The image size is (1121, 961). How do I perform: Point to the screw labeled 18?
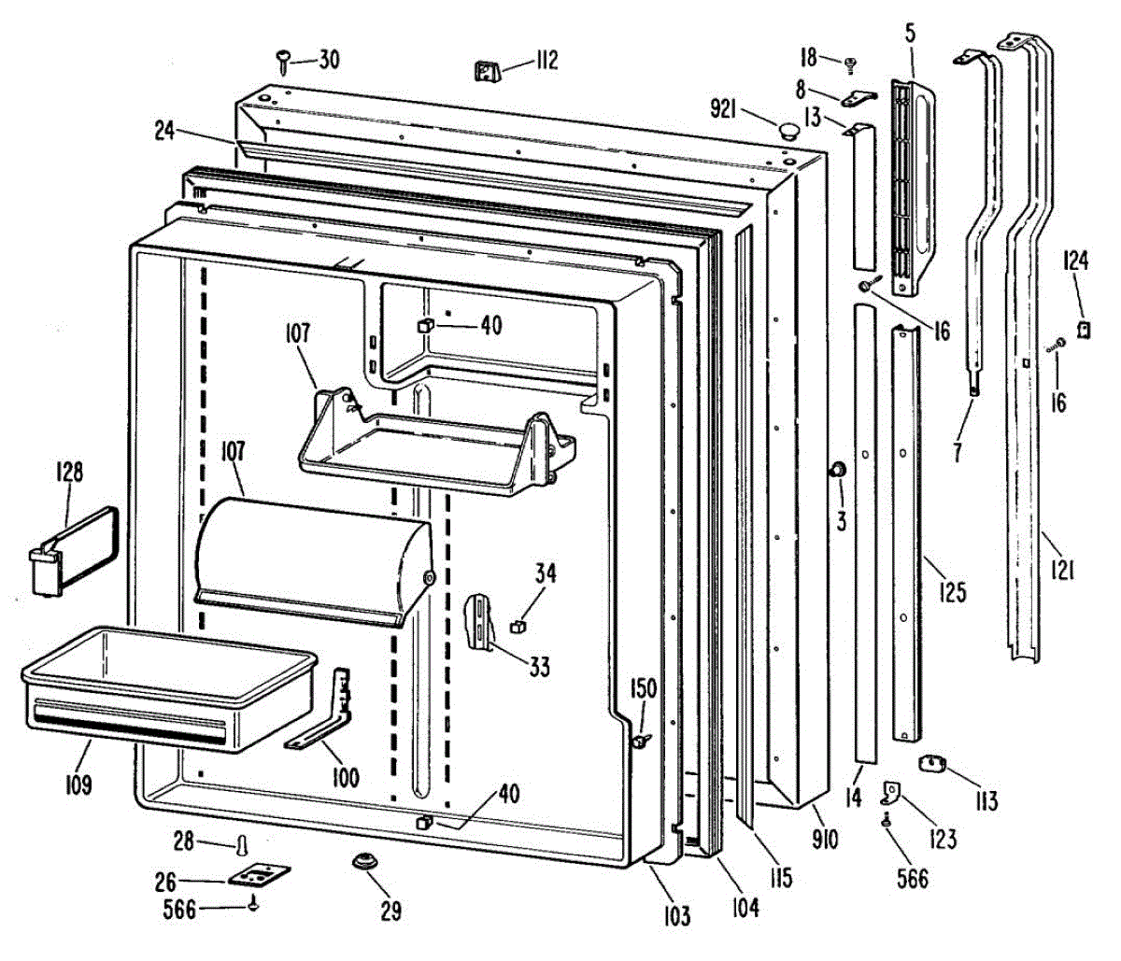click(850, 64)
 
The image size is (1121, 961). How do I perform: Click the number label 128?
click(67, 473)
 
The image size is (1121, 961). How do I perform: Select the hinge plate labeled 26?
click(259, 876)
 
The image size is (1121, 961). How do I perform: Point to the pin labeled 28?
click(243, 844)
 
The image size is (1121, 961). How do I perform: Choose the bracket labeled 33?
click(479, 621)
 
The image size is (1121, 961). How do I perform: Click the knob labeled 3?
click(836, 470)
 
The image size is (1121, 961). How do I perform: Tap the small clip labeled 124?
click(1086, 328)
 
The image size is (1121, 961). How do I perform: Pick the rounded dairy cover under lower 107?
click(313, 558)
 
